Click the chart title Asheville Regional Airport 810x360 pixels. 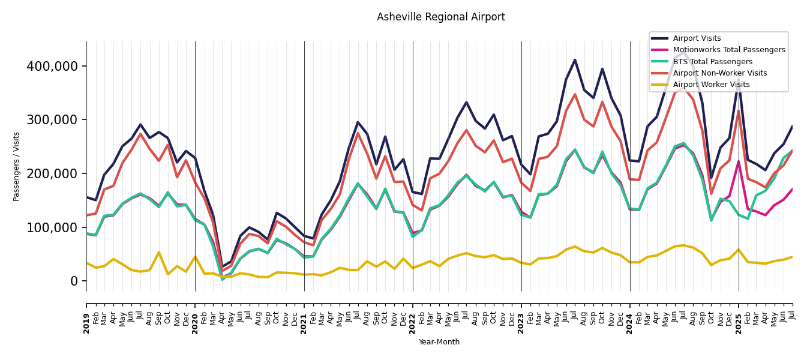[440, 17]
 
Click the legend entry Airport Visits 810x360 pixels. [697, 38]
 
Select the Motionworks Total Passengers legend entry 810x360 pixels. [728, 50]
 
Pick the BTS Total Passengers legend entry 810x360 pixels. [712, 62]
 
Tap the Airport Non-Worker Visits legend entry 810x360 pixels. [719, 73]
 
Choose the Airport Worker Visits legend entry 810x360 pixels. [711, 85]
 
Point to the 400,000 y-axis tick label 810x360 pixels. [52, 66]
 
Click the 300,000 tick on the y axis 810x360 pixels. [52, 120]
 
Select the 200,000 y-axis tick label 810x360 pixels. [52, 173]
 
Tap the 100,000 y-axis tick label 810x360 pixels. [52, 227]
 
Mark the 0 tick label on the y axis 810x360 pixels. [74, 281]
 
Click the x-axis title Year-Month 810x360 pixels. [439, 342]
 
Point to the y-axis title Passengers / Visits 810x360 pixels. [17, 166]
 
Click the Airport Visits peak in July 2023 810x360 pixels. [575, 60]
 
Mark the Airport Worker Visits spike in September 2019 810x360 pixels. [159, 252]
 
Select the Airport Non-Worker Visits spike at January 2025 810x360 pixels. [739, 111]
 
